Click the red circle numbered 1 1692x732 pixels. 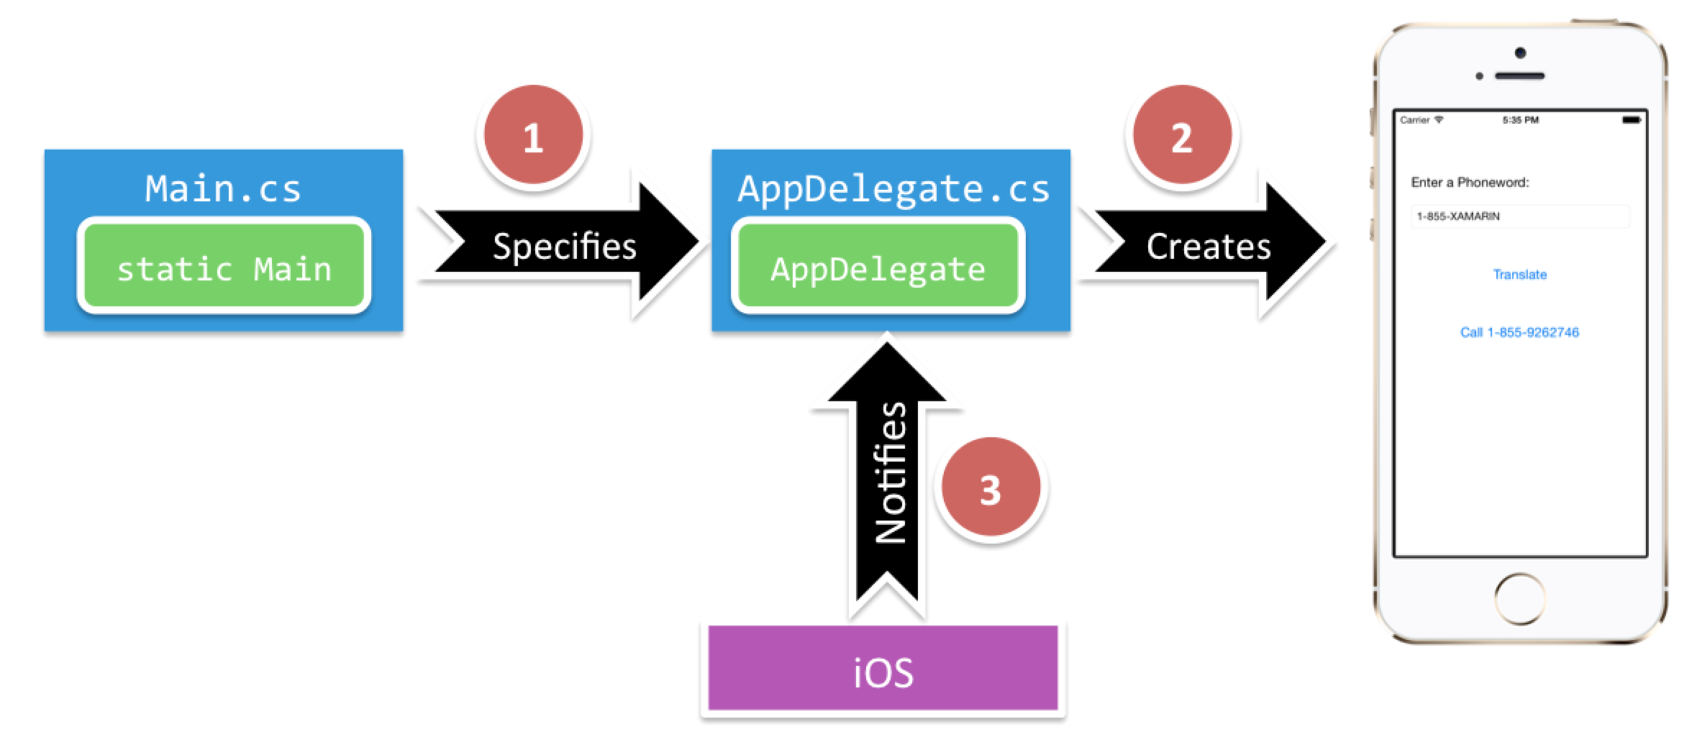tap(532, 137)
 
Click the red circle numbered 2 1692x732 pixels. tap(1181, 137)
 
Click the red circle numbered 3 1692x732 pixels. tap(991, 490)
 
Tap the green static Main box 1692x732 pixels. tap(224, 267)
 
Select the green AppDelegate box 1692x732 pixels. tap(878, 267)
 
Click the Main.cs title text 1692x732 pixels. tap(223, 188)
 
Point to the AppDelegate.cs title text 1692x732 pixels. tap(893, 188)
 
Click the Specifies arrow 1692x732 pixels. tap(565, 246)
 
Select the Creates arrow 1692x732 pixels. tap(1209, 246)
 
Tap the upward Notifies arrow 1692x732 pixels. tap(888, 475)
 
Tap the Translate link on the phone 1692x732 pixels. tap(1519, 275)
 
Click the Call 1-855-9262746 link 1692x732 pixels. tap(1519, 332)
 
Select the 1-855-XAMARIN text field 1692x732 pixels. tap(1519, 216)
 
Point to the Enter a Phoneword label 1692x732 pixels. tap(1470, 183)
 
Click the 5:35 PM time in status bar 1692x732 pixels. tap(1520, 120)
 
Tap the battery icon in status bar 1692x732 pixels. tap(1631, 120)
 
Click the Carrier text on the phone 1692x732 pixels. tap(1414, 120)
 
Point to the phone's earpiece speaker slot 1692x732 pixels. tap(1519, 76)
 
